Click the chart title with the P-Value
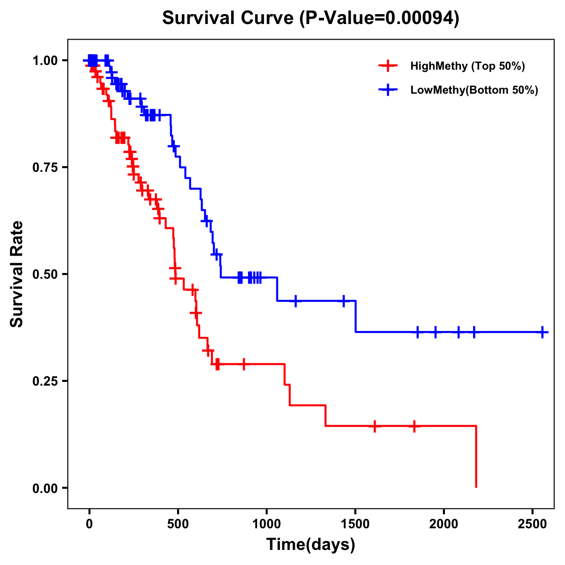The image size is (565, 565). (x=310, y=18)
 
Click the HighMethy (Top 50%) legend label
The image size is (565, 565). (x=468, y=66)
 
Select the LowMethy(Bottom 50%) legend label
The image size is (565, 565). (x=474, y=90)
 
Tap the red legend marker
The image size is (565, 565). (x=387, y=66)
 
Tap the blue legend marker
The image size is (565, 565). (x=387, y=90)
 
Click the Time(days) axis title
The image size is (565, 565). (x=311, y=545)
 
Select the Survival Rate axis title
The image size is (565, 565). (x=17, y=274)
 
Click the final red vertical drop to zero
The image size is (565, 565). (x=476, y=457)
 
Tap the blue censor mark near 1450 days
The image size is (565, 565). (x=343, y=300)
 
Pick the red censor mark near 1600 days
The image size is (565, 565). (x=374, y=426)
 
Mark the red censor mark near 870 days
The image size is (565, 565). (x=243, y=364)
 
